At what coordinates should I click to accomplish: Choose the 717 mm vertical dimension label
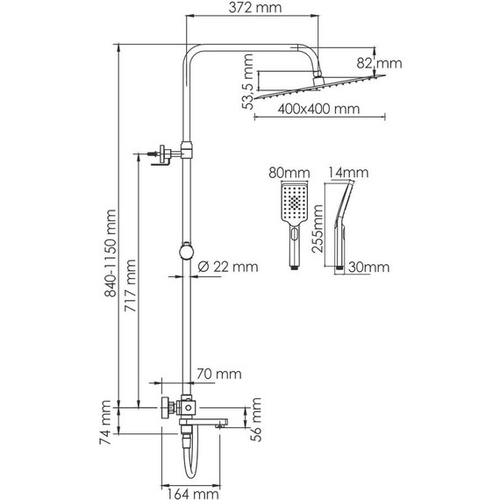(131, 289)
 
